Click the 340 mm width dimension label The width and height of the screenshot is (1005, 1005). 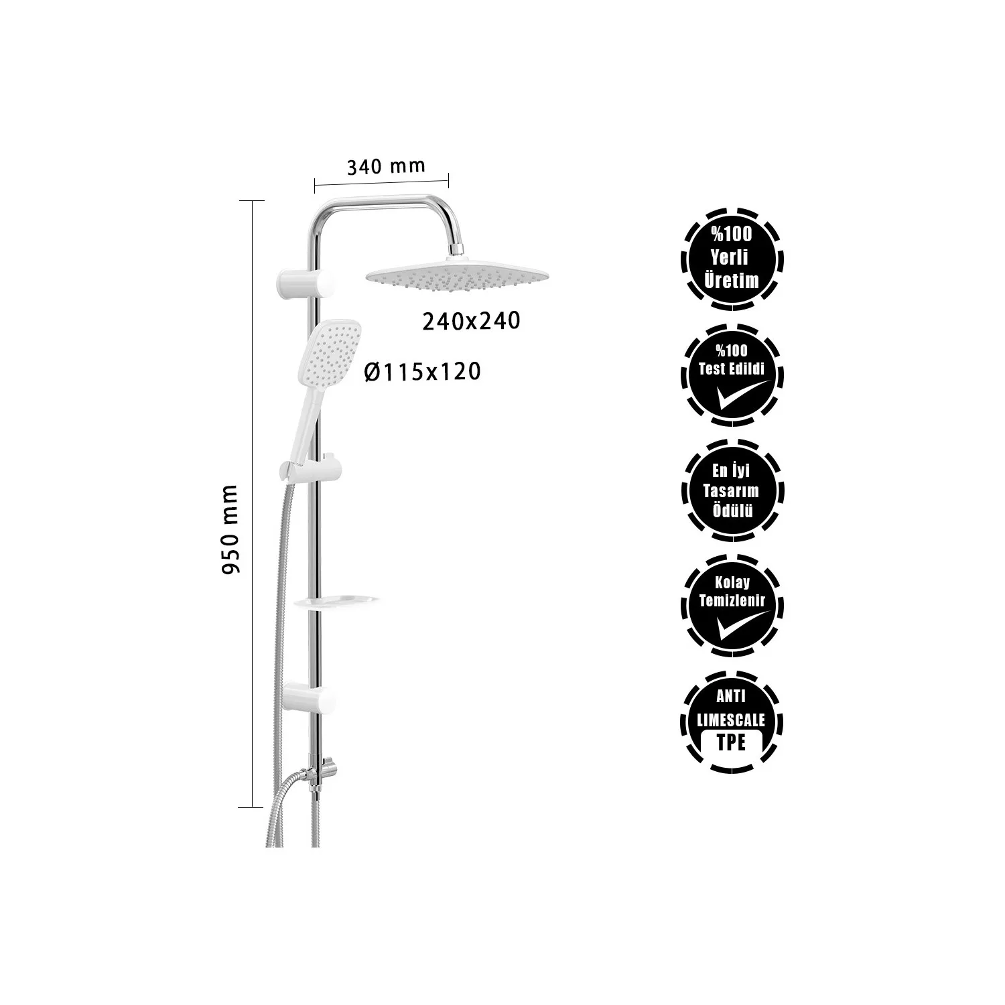(385, 166)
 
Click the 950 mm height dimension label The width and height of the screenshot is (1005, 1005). (230, 529)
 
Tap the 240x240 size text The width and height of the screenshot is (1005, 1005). (471, 322)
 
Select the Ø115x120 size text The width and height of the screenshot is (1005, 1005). (423, 371)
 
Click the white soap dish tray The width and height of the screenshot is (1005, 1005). (337, 602)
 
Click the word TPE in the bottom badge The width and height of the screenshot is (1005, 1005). (731, 743)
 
